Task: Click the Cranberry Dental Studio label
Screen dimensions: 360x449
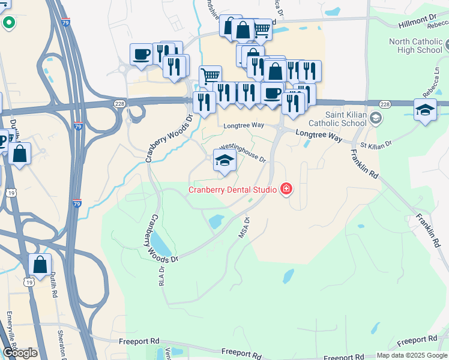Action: click(x=233, y=190)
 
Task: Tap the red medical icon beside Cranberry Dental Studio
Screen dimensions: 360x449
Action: click(x=286, y=190)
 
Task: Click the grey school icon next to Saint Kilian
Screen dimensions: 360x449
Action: click(x=376, y=118)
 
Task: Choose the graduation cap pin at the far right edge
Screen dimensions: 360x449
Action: click(x=425, y=110)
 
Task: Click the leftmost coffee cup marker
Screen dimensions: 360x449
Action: click(x=142, y=55)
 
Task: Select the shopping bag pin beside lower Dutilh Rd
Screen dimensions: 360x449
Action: click(x=40, y=265)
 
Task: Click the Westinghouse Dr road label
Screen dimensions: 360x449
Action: click(x=243, y=152)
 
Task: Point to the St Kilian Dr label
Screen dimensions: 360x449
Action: click(x=376, y=145)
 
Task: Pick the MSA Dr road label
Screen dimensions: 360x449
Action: click(x=244, y=228)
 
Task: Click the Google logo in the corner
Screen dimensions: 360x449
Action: click(x=20, y=353)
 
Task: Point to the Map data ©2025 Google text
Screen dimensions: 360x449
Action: click(x=412, y=355)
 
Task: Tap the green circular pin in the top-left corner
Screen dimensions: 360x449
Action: click(x=9, y=23)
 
